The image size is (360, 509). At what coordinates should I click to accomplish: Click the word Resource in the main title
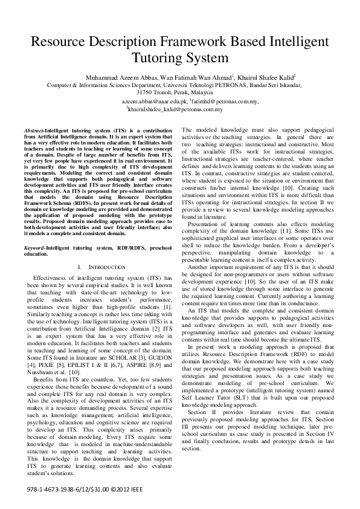point(62,42)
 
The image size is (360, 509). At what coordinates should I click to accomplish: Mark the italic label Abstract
point(34,131)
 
